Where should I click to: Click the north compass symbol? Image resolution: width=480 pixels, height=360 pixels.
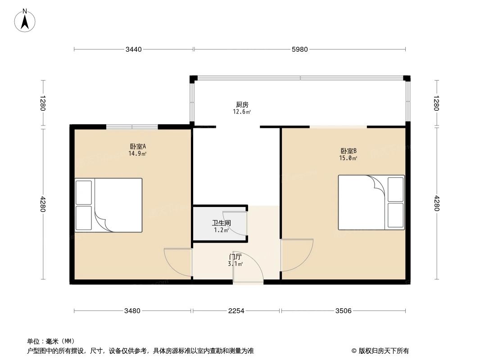click(x=26, y=20)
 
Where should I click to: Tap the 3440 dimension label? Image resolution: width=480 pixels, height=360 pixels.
click(x=134, y=49)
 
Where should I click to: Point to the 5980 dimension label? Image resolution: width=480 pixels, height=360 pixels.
click(x=299, y=49)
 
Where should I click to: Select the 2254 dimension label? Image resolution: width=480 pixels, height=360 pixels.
click(x=236, y=310)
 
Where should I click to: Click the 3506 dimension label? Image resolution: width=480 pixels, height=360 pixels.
click(x=343, y=310)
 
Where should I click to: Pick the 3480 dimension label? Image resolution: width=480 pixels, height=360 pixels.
click(x=133, y=310)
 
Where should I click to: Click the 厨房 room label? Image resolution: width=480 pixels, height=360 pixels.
click(x=242, y=105)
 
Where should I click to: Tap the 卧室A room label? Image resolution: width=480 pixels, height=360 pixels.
click(x=137, y=146)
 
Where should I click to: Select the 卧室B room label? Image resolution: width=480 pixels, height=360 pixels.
click(x=349, y=151)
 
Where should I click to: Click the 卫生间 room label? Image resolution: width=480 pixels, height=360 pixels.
click(x=222, y=223)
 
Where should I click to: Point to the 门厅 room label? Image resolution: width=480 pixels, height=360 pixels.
click(x=235, y=257)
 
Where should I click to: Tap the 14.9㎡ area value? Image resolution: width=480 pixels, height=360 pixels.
click(x=137, y=153)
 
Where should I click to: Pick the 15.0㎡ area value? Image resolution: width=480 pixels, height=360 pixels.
click(x=349, y=158)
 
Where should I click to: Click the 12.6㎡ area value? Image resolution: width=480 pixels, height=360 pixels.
click(x=242, y=112)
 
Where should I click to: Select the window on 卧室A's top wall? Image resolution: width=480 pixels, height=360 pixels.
click(x=132, y=127)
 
